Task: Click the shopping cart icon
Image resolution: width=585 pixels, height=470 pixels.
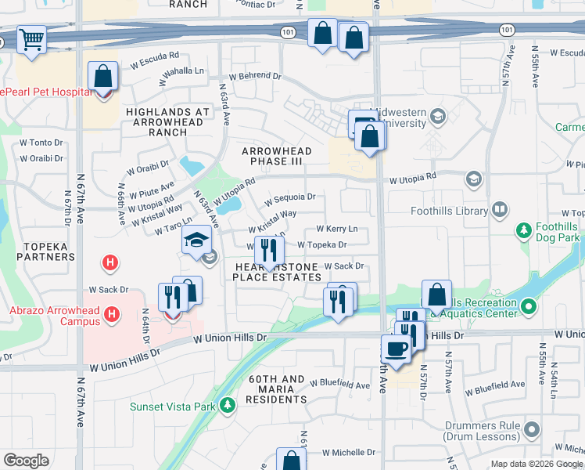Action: [31, 38]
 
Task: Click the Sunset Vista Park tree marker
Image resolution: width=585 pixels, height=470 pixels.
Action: [227, 405]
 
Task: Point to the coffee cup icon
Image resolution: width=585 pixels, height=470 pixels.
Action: [397, 349]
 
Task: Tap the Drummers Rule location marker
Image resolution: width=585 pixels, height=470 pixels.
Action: [533, 429]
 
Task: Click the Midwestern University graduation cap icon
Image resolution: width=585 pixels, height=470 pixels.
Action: [437, 117]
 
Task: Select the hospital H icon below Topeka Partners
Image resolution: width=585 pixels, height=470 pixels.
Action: [111, 262]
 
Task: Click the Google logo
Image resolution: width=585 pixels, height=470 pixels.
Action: [27, 460]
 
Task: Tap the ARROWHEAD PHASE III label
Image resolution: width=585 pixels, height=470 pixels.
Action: [276, 156]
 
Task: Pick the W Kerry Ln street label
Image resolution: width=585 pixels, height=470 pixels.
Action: [336, 229]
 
